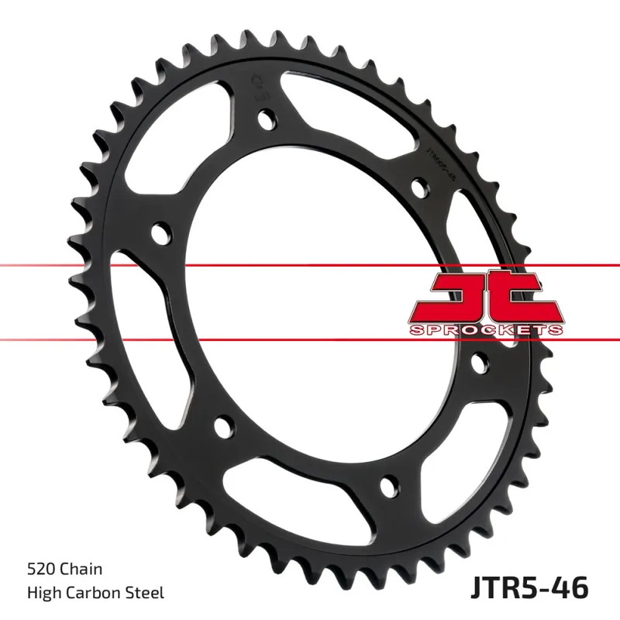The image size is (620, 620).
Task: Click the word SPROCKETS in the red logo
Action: click(x=486, y=329)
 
